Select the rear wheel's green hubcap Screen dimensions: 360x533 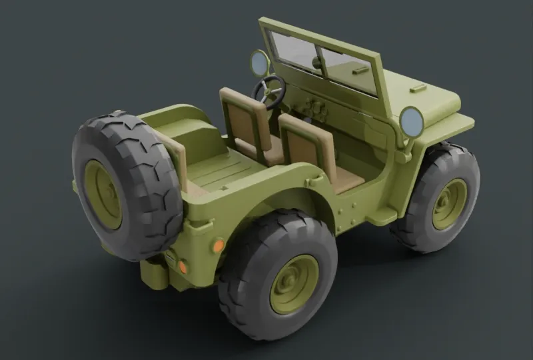pyautogui.click(x=294, y=283)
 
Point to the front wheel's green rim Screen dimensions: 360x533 pyautogui.click(x=449, y=203)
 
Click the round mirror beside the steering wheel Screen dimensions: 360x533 pyautogui.click(x=259, y=63)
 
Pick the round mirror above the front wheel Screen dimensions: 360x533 pyautogui.click(x=411, y=122)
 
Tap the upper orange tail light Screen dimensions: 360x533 pyautogui.click(x=218, y=245)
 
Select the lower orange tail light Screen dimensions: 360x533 pyautogui.click(x=182, y=267)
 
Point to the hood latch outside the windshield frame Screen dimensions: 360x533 pyautogui.click(x=418, y=87)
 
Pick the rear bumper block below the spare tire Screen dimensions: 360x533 pyautogui.click(x=155, y=273)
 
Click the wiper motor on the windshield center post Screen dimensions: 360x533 pyautogui.click(x=318, y=63)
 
